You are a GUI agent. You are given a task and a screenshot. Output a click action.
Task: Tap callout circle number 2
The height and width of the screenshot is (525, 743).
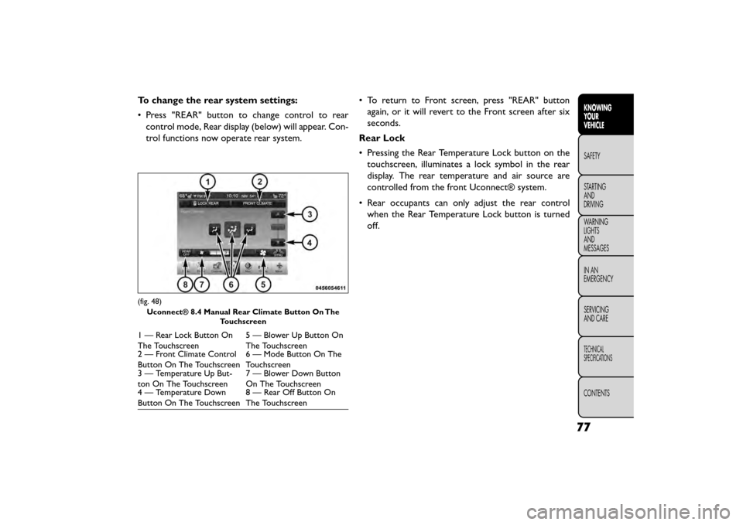pyautogui.click(x=260, y=181)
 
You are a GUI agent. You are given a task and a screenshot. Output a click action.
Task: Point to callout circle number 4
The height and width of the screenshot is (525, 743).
pyautogui.click(x=308, y=242)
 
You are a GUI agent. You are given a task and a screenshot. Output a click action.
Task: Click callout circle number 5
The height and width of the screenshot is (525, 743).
pyautogui.click(x=262, y=285)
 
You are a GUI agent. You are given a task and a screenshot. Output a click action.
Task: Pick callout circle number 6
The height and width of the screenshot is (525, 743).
pyautogui.click(x=231, y=285)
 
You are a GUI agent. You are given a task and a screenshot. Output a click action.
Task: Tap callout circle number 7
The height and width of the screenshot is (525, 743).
pyautogui.click(x=201, y=285)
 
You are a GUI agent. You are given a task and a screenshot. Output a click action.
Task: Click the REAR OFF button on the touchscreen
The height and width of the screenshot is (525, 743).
pyautogui.click(x=186, y=252)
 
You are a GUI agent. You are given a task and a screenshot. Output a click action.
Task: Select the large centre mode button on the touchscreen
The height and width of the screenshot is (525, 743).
pyautogui.click(x=231, y=229)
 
